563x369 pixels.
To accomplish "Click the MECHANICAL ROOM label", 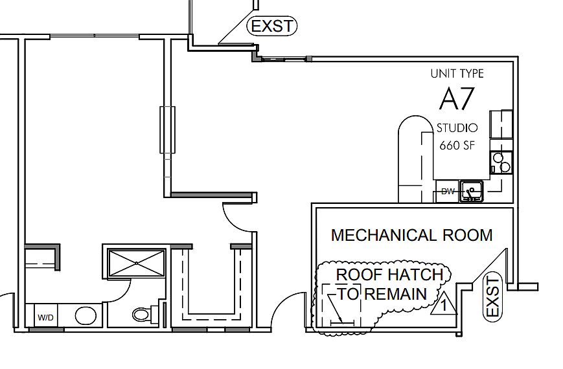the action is pos(411,235).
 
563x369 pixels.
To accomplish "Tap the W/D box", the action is pos(45,317).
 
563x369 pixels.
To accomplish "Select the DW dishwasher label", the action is pos(448,192).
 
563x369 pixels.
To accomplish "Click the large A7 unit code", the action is pos(457,99).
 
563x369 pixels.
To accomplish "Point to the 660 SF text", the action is pos(457,145).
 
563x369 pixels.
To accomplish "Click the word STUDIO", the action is pos(457,128).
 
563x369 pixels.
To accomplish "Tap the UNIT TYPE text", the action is pos(457,74).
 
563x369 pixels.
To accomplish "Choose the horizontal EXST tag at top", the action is pos(272,27).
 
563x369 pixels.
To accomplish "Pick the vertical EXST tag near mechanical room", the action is pos(493,296).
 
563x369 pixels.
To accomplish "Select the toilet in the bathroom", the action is pos(142,315).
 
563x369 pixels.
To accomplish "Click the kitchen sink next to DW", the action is pos(473,192).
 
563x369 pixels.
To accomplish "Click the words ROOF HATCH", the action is pos(389,274).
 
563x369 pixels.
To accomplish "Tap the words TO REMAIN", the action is pos(383,295).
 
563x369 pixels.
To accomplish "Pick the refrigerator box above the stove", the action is pos(501,124).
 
